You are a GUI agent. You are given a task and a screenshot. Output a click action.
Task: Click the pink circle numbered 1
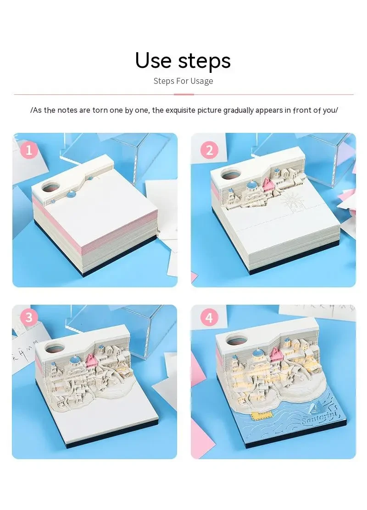tap(29, 149)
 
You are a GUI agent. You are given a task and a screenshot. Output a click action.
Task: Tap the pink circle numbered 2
tap(209, 149)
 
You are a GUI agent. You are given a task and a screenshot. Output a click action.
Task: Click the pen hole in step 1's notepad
tap(51, 187)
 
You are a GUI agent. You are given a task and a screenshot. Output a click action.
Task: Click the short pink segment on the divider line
tap(183, 94)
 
